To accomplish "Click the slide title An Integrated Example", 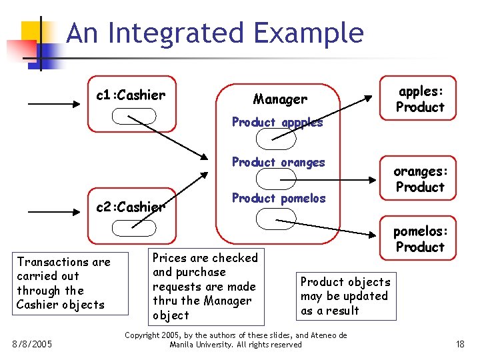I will point(215,33).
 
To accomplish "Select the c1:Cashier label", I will point(131,95).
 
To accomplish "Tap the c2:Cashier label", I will point(131,207).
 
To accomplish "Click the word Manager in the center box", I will point(280,99).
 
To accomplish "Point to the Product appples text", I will point(277,122).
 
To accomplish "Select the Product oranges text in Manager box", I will point(278,162).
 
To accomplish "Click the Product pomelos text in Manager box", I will point(279,198).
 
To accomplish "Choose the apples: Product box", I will point(419,99).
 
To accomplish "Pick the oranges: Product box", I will point(419,179).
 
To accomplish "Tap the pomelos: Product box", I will point(419,239).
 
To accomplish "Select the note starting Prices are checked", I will point(205,286).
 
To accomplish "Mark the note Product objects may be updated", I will point(345,296).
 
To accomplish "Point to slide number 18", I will point(460,344).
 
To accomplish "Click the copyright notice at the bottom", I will point(236,339).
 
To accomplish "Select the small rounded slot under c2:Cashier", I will point(133,228).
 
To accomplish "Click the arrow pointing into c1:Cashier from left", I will point(53,104).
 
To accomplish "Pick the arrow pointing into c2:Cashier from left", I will point(53,215).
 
